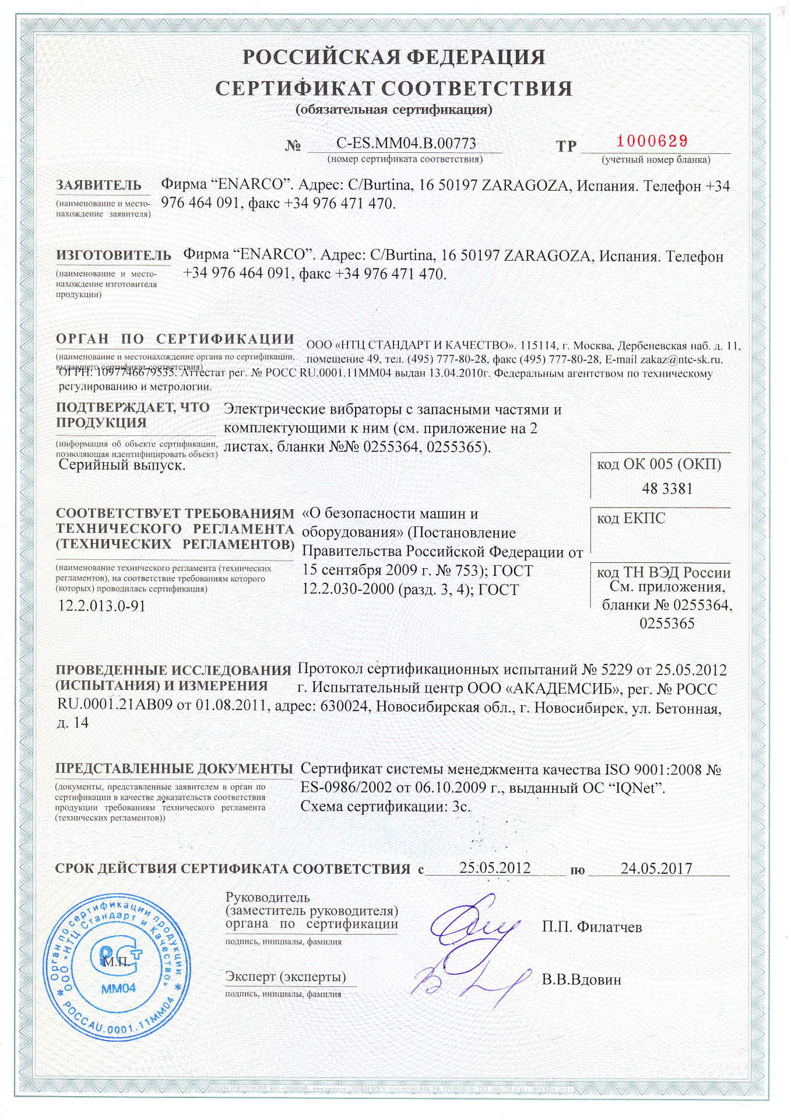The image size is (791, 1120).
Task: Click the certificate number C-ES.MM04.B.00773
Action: [406, 143]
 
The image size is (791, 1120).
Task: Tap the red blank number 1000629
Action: [652, 141]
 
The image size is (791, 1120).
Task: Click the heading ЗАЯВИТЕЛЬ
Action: [99, 185]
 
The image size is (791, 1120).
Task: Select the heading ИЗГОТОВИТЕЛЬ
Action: [114, 256]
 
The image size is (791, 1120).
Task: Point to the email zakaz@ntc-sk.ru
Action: [681, 360]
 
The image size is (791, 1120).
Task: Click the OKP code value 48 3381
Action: [667, 489]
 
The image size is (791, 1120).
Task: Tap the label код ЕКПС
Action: [631, 518]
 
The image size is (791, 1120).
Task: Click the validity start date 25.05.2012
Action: [495, 868]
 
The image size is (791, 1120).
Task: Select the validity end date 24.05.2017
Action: [656, 869]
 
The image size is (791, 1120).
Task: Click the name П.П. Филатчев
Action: [592, 927]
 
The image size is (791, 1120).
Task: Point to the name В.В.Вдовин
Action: [581, 979]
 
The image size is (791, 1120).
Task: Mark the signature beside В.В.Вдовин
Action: [466, 981]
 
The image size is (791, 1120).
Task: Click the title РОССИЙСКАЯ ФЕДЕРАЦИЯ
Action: [394, 57]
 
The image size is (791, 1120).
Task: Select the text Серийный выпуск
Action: [122, 466]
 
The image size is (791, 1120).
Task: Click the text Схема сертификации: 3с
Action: [385, 807]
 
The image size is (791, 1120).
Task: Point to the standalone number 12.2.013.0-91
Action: [102, 606]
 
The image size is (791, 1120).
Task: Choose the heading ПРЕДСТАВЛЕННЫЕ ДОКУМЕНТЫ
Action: [174, 769]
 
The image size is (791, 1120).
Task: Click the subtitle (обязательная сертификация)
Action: [394, 110]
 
